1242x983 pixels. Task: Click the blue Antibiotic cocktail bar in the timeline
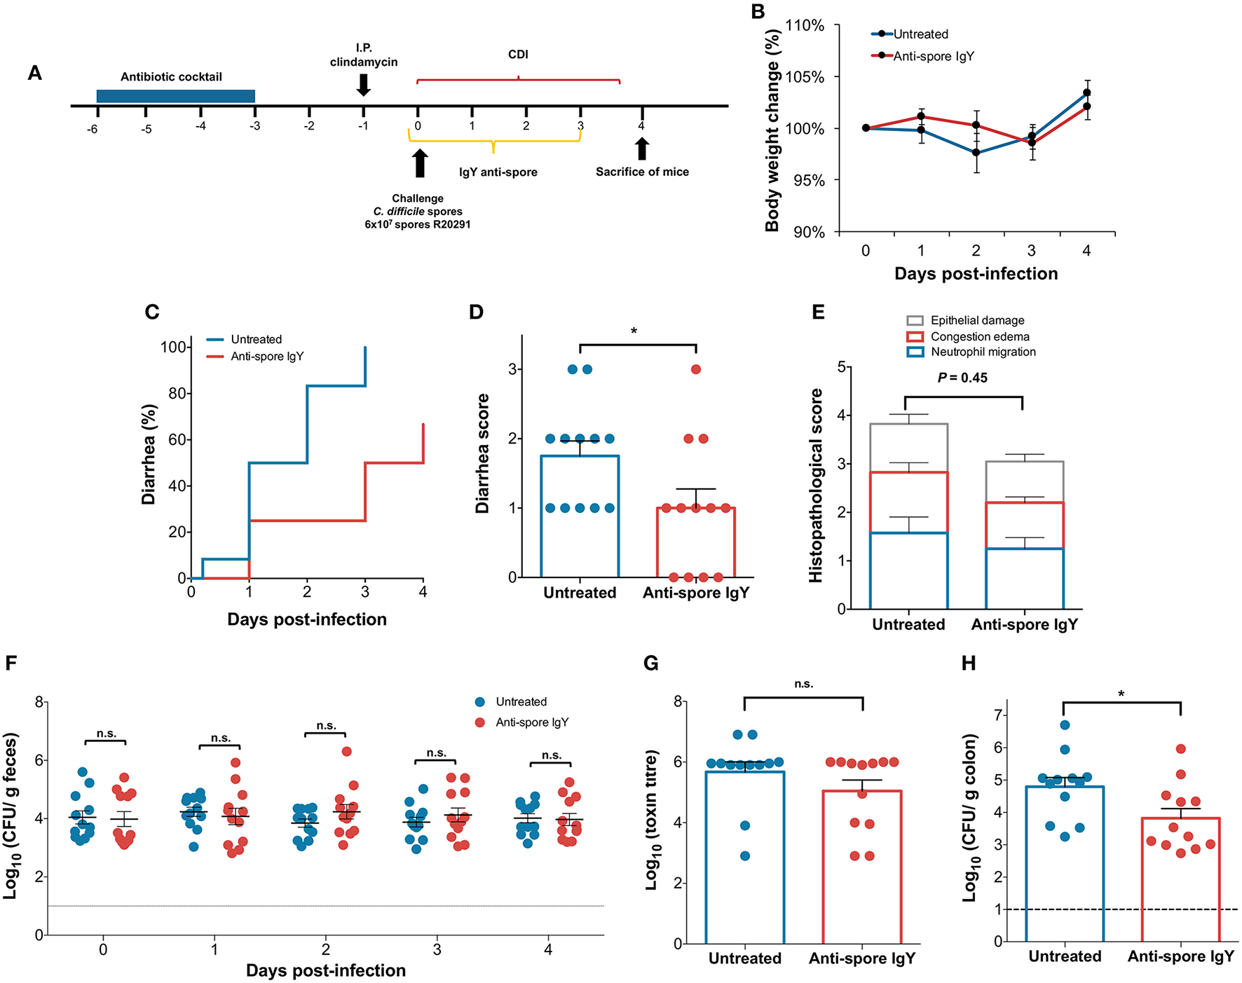coord(175,96)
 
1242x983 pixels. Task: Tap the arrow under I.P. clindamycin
coord(363,84)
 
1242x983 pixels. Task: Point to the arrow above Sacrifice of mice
coord(641,149)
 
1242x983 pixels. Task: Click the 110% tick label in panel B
coord(805,26)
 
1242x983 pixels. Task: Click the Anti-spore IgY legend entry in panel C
coord(267,356)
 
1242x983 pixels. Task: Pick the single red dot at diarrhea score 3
coord(696,369)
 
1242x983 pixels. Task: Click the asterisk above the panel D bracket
coord(634,331)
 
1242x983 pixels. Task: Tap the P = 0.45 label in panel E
coord(962,378)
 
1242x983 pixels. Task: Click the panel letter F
coord(11,663)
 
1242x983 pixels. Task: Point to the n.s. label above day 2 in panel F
coord(326,725)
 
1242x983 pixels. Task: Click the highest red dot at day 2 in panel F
coord(346,751)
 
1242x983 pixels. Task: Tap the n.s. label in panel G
coord(803,684)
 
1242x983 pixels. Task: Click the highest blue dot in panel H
coord(1065,725)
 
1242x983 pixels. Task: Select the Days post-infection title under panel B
coord(976,274)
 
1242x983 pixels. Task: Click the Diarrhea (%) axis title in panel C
coord(148,453)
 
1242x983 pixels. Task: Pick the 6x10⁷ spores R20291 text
coord(417,225)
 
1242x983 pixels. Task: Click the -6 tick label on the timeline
coord(92,128)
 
